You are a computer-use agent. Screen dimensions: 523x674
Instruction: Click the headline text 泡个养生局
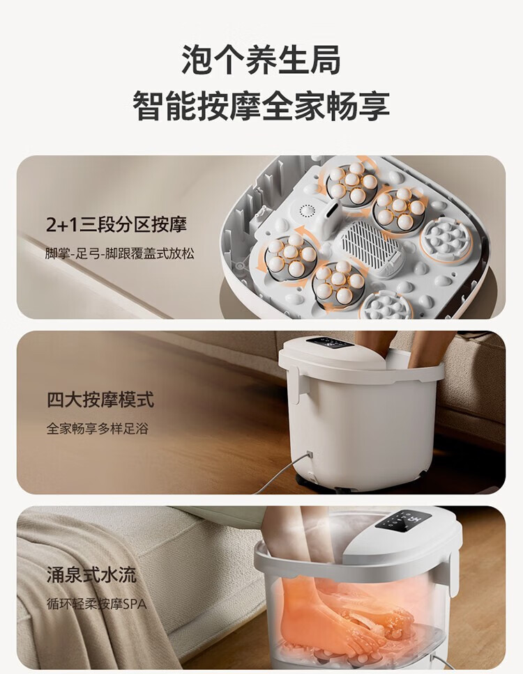pos(261,60)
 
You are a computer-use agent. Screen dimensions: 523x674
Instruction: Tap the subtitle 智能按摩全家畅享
pos(261,106)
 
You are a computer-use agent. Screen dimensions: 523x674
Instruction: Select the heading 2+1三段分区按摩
pos(116,225)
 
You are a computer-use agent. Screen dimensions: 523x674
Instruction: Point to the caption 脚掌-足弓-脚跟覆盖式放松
pos(120,253)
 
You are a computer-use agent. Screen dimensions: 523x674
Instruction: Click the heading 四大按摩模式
pos(100,400)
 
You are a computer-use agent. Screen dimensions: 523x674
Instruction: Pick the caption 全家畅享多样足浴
pos(98,428)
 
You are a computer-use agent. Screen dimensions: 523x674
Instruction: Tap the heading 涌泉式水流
pos(91,574)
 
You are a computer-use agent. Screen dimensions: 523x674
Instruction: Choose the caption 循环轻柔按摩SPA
pos(96,604)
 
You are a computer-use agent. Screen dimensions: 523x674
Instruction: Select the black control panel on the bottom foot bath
pos(403,520)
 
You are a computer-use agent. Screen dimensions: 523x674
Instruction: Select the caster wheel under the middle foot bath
pos(342,489)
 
